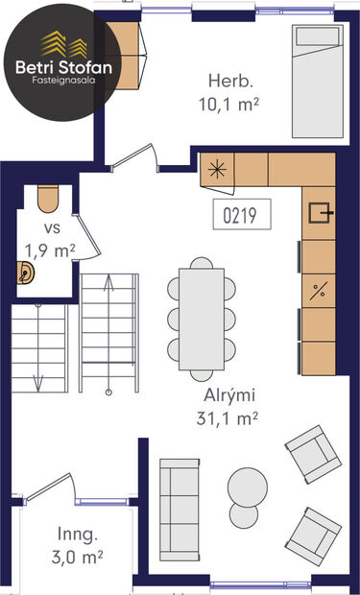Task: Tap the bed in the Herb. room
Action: (319, 72)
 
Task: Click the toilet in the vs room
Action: (49, 199)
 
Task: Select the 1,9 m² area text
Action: (50, 250)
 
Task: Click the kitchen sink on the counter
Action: (317, 213)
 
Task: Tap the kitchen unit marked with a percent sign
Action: (319, 290)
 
